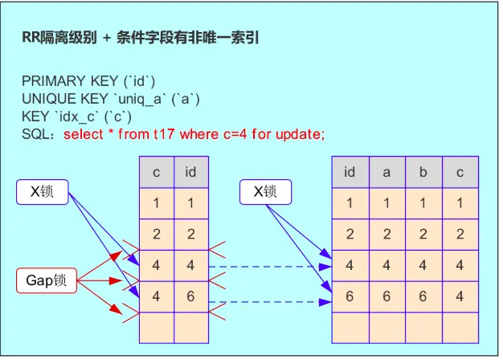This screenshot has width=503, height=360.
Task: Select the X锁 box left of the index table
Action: (42, 192)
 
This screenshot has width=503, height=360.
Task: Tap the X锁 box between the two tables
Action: (265, 192)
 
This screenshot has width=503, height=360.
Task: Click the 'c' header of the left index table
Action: (156, 172)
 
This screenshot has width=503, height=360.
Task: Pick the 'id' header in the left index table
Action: (190, 172)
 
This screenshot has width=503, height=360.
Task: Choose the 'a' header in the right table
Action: (386, 172)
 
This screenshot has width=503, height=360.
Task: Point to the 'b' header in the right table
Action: (423, 172)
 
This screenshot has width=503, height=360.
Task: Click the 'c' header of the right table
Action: (459, 172)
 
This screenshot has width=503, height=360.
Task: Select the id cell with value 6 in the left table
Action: (190, 297)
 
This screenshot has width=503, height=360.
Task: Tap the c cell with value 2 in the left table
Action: (156, 234)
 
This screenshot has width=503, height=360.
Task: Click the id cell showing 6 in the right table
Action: (350, 297)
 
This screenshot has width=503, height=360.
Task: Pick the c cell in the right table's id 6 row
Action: (459, 297)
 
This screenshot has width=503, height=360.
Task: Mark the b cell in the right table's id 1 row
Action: (423, 203)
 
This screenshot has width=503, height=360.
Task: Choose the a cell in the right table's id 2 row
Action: (386, 234)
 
